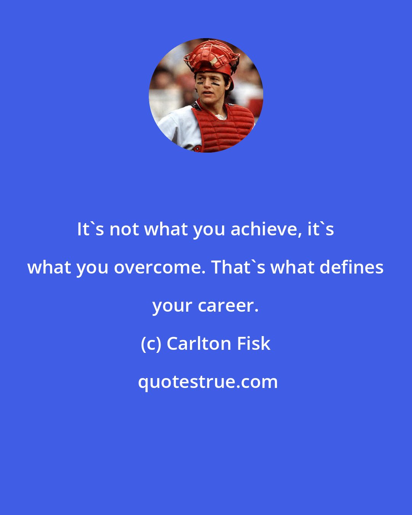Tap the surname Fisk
coord(254,344)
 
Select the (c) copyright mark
coord(151,344)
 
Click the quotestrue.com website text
coord(208,382)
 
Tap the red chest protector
coord(223,126)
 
